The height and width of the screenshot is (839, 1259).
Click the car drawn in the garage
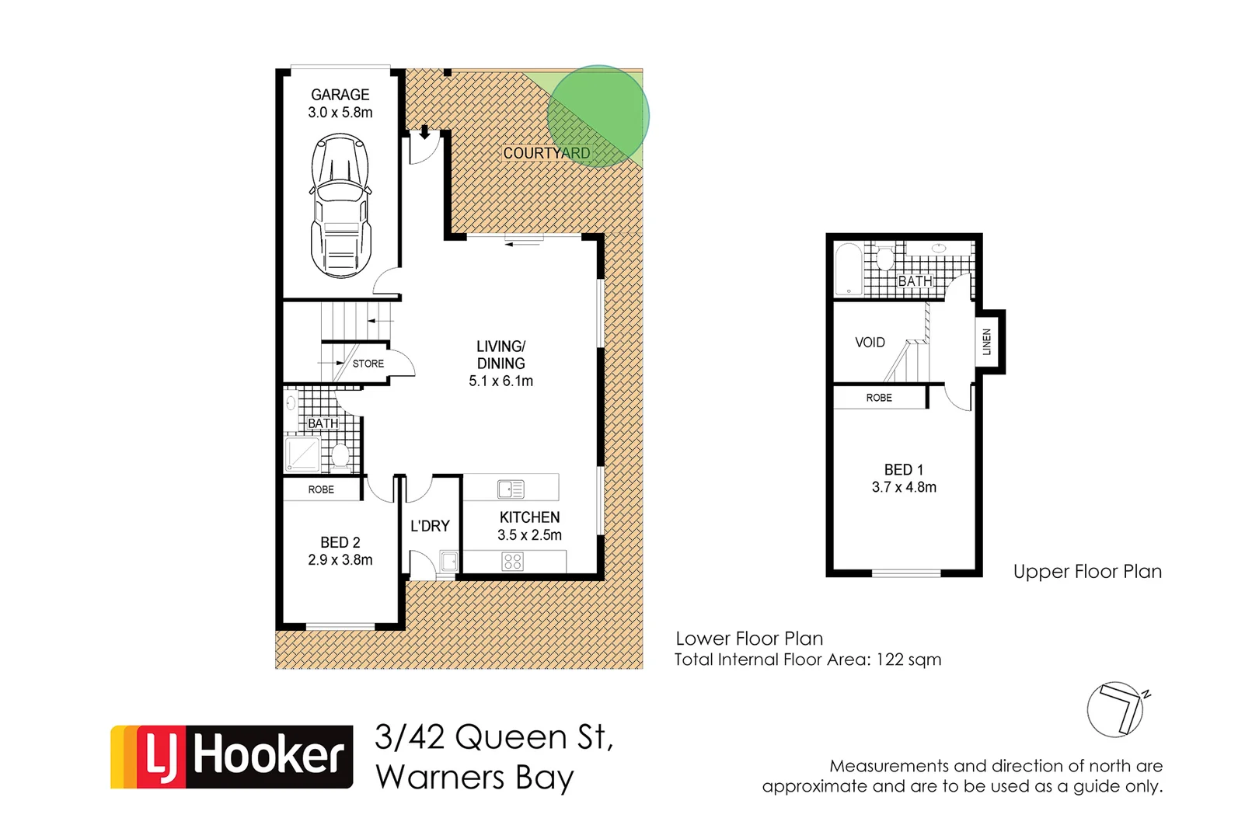coord(340,206)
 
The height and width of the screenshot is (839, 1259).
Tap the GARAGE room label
coord(340,95)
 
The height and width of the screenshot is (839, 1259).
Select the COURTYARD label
coord(546,153)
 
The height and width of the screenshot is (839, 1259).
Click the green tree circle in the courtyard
coord(598,116)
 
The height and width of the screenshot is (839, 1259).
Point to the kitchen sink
coord(511,489)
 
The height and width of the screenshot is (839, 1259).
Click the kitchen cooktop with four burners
coord(512,561)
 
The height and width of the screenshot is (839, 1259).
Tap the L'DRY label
coord(430,526)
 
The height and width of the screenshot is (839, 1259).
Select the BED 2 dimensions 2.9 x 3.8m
coord(340,559)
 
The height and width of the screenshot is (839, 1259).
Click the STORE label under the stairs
coord(368,364)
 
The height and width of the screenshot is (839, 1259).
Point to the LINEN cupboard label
coord(987,342)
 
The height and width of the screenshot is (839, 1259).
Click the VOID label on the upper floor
coord(870,342)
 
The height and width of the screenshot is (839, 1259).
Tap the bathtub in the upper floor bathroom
coord(848,270)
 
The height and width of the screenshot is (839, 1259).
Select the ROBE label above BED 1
coord(879,398)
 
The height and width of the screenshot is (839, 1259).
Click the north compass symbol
coord(1116,709)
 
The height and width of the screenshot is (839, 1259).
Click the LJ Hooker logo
coord(232,757)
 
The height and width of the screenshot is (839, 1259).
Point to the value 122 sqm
coord(909,660)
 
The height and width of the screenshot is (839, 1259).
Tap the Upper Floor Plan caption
coord(1087,572)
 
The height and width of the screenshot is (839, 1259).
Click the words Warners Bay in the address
coord(475,778)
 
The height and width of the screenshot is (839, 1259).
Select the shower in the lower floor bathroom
coord(302,454)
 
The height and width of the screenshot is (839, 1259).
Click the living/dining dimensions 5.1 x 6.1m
coord(500,381)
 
